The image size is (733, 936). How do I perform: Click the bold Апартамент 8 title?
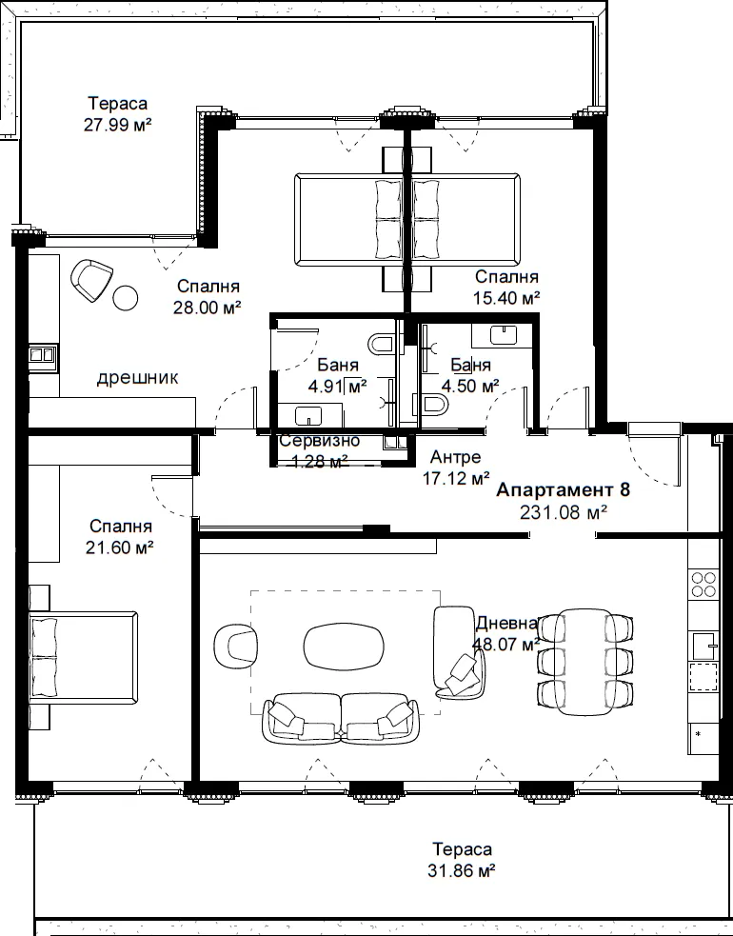coord(563,490)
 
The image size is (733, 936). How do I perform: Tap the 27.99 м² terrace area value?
coord(118,125)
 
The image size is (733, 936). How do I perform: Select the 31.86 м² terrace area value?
coord(462,871)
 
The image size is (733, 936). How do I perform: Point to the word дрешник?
coord(137,378)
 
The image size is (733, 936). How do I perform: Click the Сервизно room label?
coord(320,441)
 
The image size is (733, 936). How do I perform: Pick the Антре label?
coord(455,457)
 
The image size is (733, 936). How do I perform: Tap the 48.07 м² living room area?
coord(506,645)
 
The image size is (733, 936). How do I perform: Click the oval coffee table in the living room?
coord(344,647)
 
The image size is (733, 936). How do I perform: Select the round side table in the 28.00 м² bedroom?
coord(126,297)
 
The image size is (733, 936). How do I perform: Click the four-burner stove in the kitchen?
coord(703,585)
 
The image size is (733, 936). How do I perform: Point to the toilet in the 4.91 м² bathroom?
coord(382,344)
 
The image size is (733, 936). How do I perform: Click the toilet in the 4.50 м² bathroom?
coord(434,405)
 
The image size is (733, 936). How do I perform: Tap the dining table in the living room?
coord(584,662)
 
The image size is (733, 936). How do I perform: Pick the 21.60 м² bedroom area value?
coord(119,548)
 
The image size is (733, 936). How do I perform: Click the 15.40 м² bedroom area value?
coord(506,298)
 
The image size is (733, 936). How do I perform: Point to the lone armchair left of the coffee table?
coord(236,647)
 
